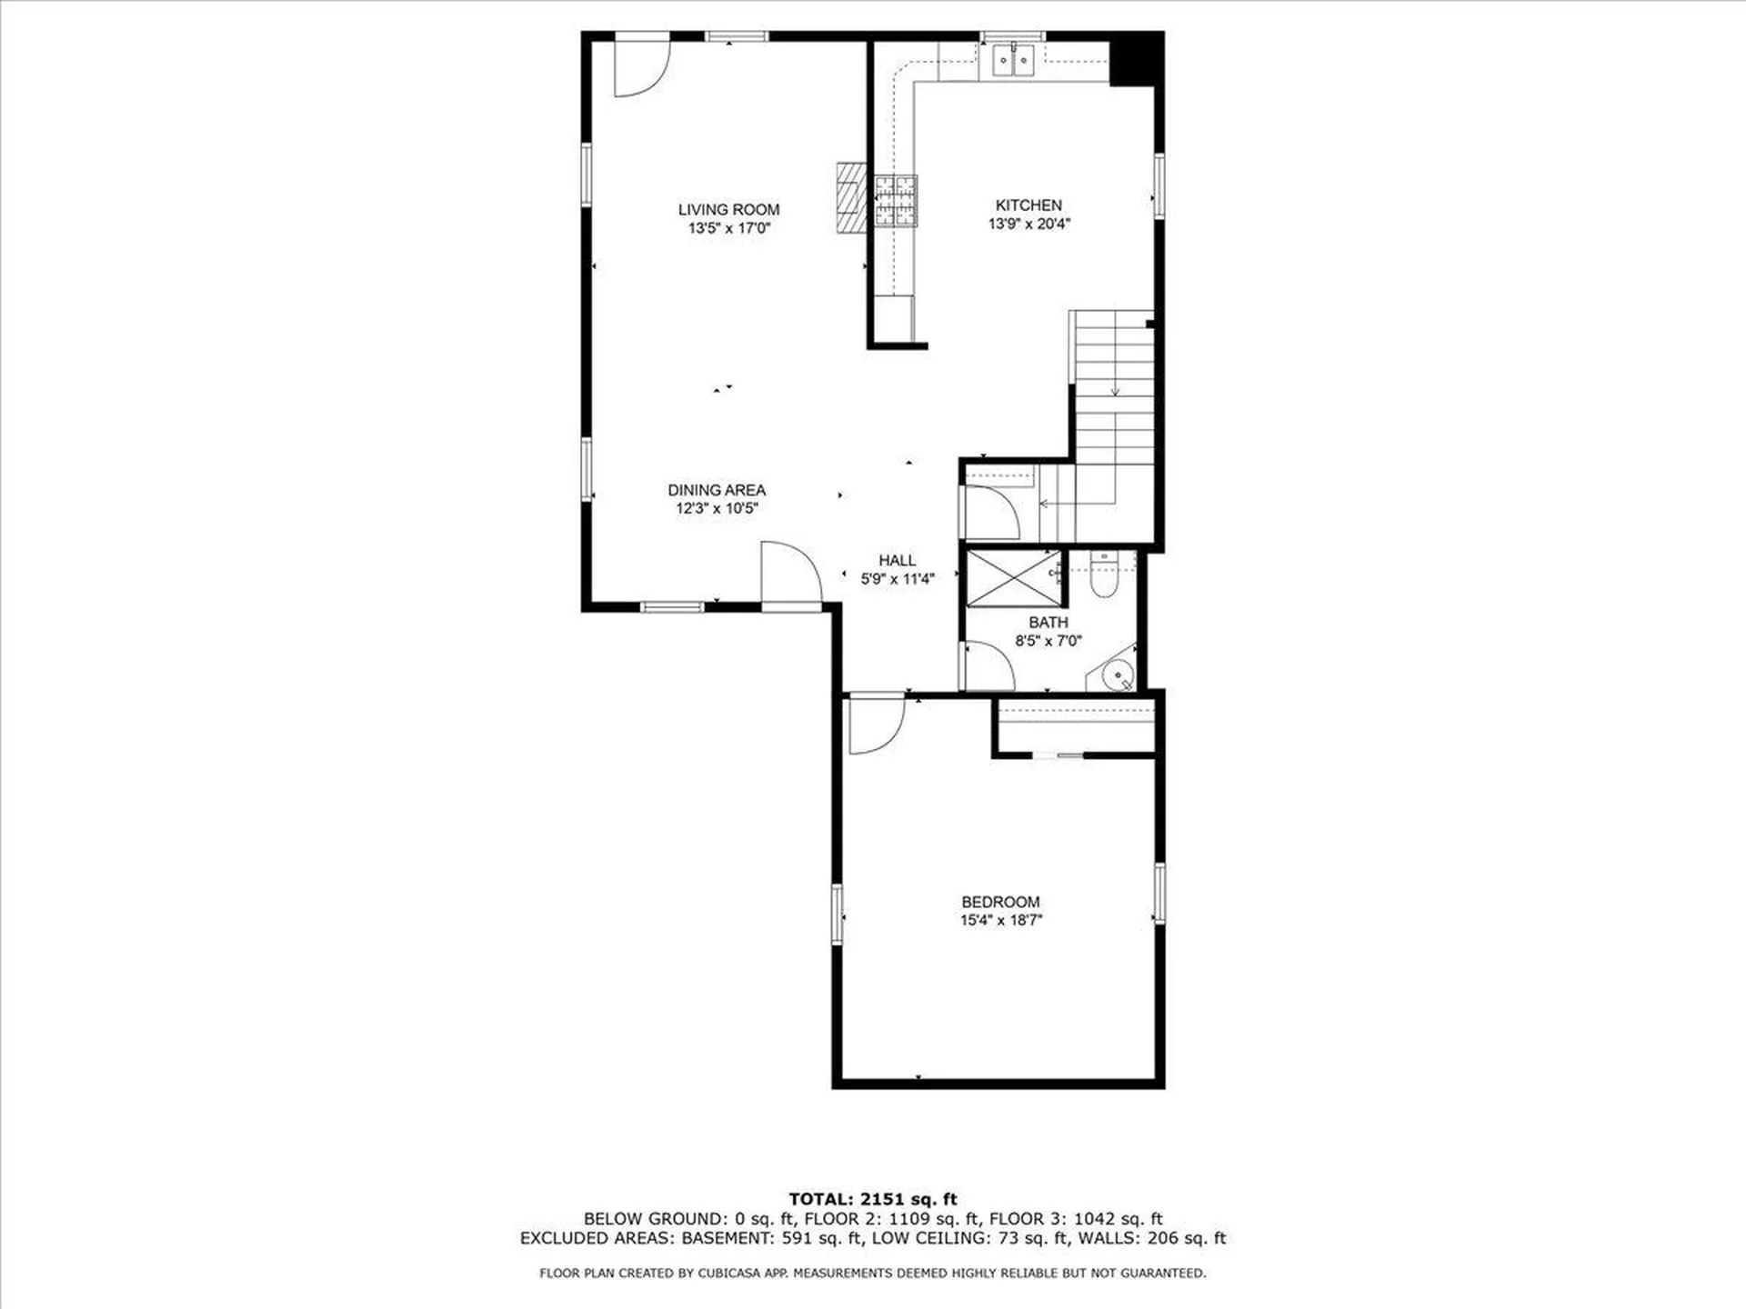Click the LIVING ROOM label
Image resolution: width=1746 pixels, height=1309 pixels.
728,210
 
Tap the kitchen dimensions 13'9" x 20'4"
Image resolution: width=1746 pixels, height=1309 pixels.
1029,224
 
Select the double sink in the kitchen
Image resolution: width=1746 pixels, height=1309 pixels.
1013,61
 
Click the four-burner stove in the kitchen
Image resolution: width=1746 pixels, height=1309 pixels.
896,200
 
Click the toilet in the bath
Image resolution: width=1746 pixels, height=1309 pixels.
1103,576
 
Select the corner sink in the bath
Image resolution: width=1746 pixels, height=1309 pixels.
1116,675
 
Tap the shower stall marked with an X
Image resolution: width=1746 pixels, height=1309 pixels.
1013,578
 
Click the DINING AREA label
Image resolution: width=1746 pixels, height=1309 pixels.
717,490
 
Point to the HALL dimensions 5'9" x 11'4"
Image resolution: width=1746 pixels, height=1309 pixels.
897,578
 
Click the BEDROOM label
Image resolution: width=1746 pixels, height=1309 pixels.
1000,902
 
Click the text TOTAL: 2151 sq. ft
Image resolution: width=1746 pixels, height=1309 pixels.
872,1199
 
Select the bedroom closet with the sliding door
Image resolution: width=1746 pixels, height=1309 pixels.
1076,726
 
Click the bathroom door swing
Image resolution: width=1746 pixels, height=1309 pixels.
987,666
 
